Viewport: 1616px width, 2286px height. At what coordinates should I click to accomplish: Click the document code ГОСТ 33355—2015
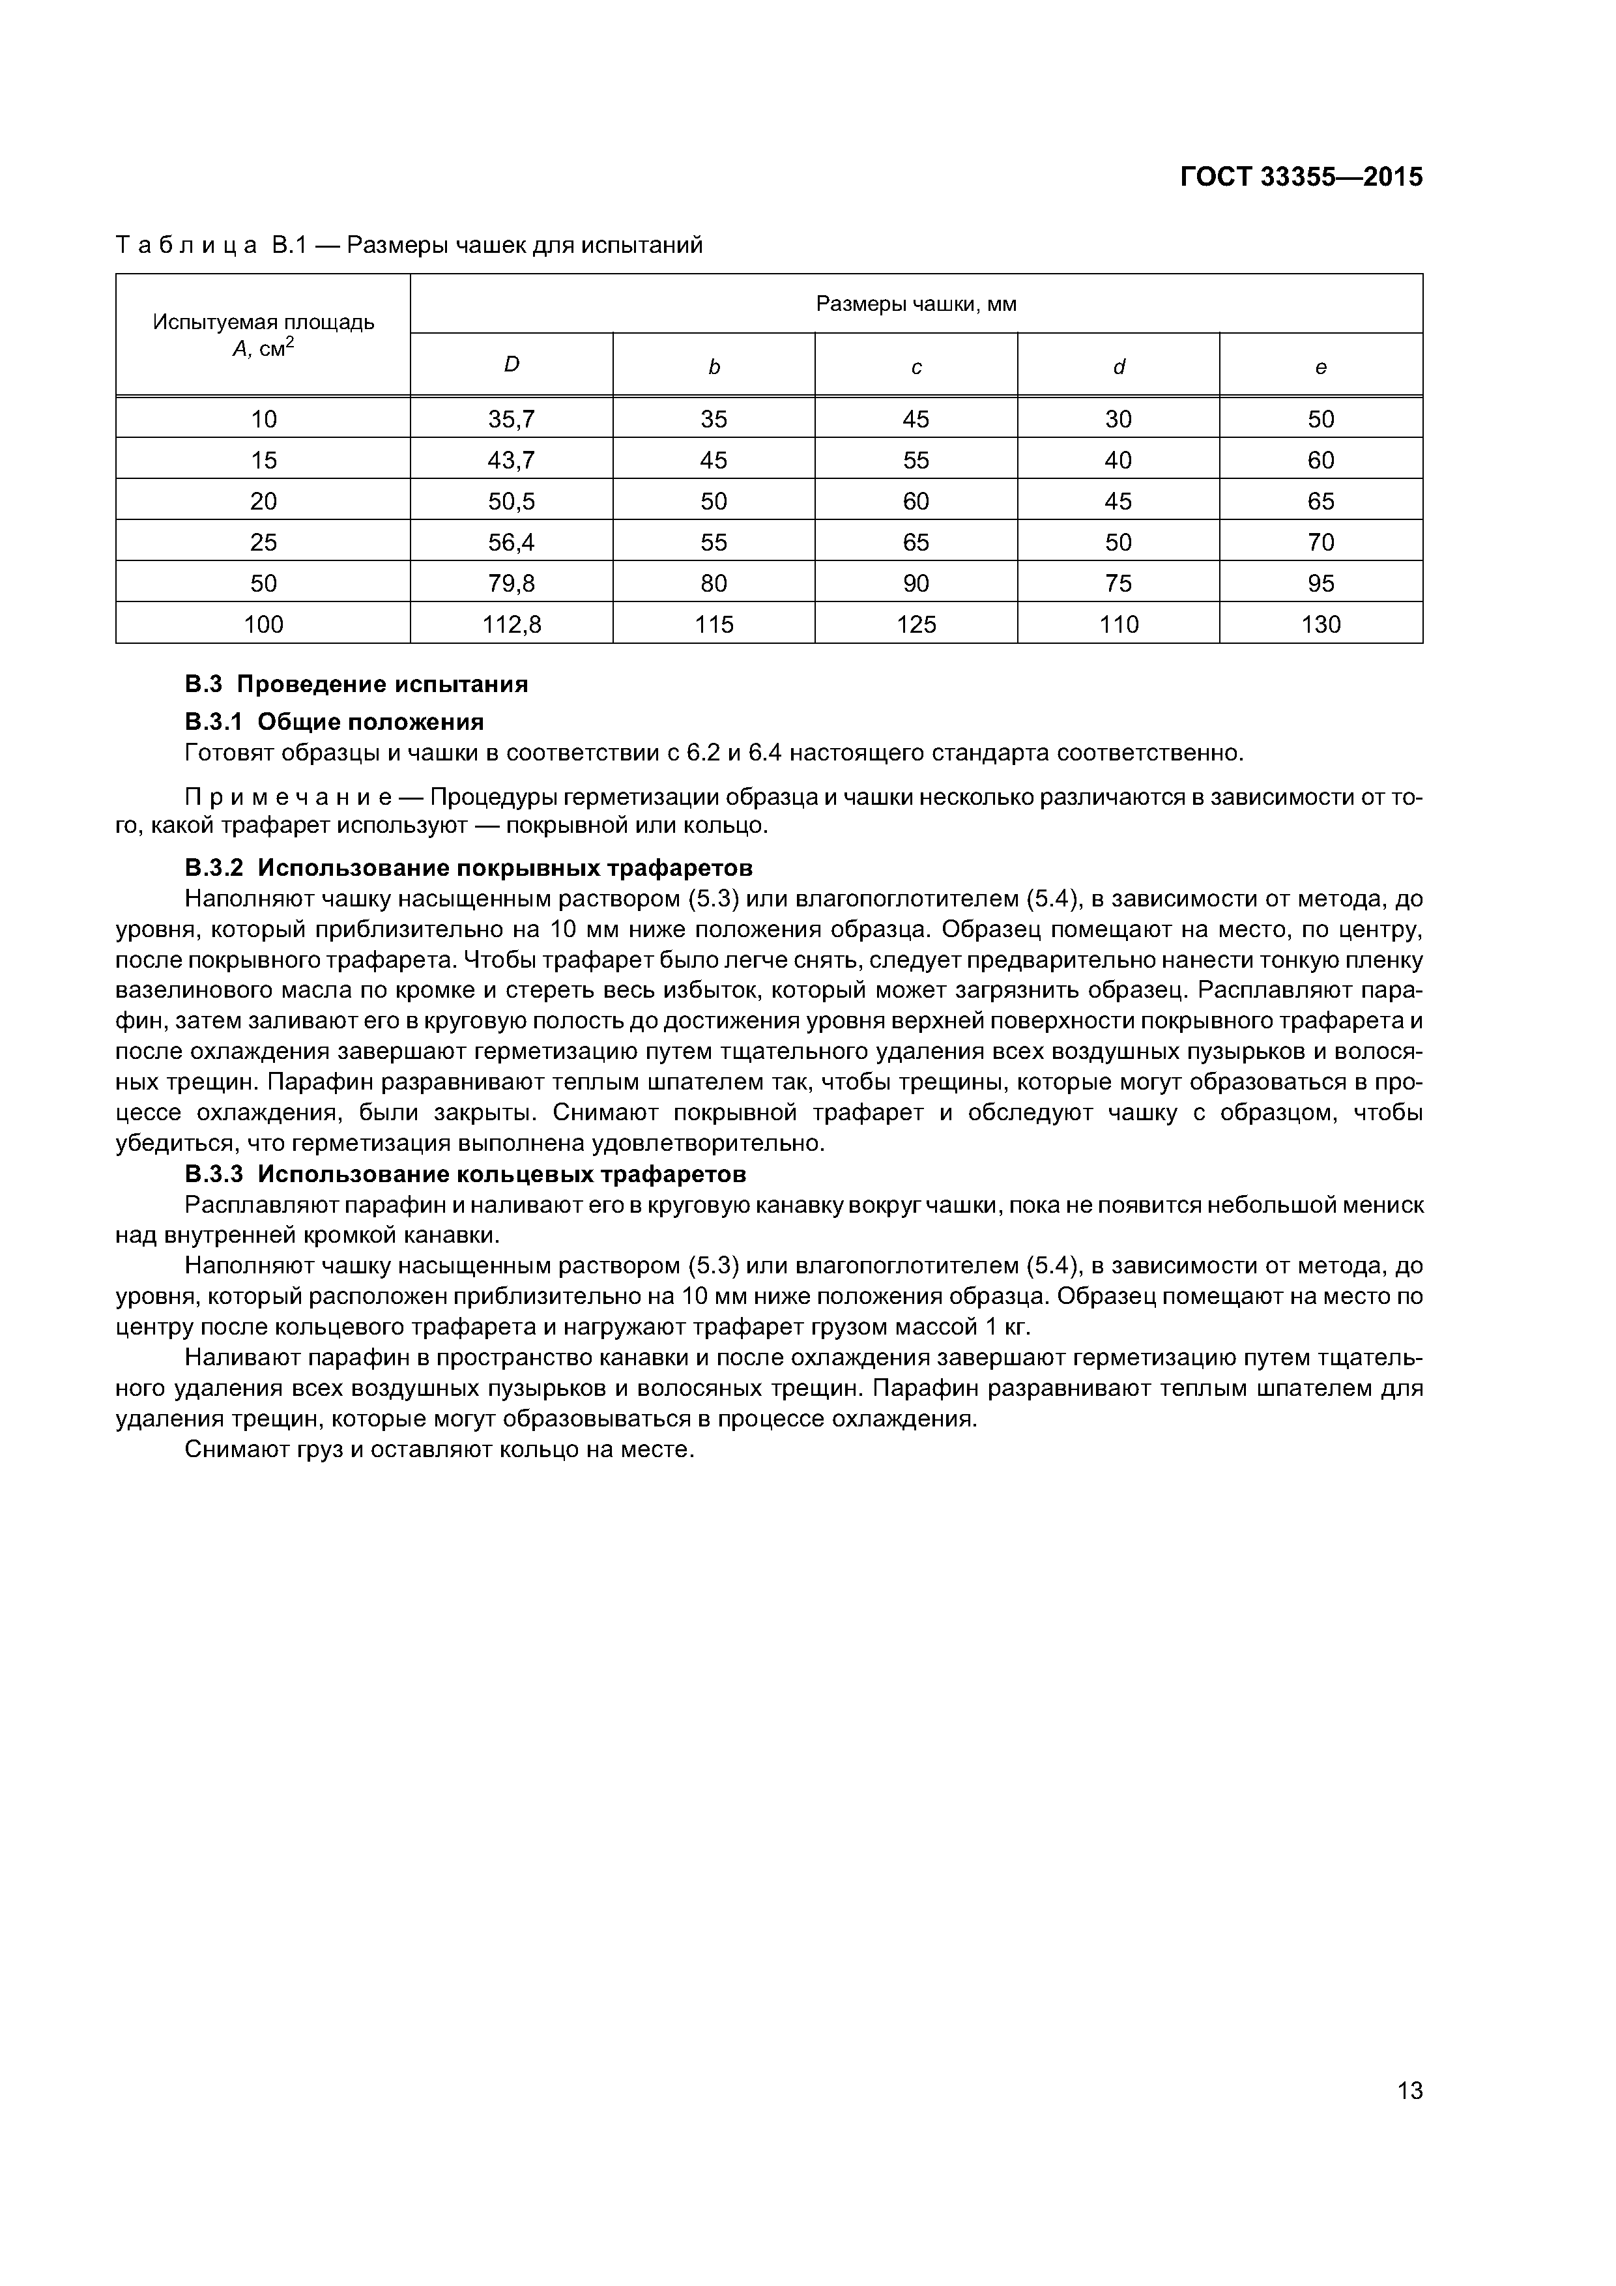click(x=1301, y=177)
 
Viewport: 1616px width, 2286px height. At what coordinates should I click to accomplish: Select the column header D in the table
click(x=511, y=366)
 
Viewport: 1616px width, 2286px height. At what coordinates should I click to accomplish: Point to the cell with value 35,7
click(x=511, y=419)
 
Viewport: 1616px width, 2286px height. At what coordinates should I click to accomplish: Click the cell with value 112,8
click(x=511, y=624)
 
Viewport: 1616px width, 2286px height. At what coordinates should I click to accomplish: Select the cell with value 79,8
click(x=511, y=583)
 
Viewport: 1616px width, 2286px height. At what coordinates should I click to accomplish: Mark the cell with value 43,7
click(x=511, y=460)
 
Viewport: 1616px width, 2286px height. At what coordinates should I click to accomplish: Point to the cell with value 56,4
click(x=511, y=543)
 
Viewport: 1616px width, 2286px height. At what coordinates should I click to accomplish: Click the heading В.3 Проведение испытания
click(x=356, y=685)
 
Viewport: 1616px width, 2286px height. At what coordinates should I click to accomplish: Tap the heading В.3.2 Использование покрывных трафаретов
click(x=468, y=867)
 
